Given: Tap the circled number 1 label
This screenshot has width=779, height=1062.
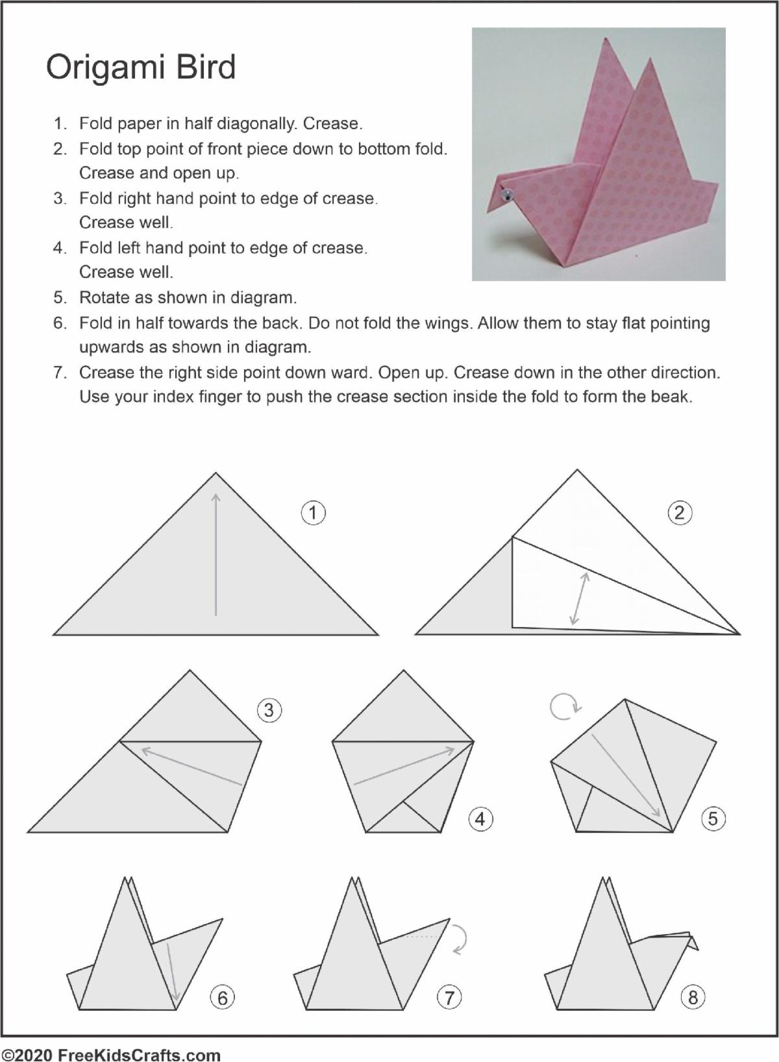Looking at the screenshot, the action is (x=314, y=513).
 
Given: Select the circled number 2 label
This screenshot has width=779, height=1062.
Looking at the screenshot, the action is (x=680, y=513).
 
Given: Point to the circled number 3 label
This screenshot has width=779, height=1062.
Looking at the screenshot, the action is (x=269, y=710).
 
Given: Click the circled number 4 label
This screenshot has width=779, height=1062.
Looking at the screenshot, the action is (x=480, y=819).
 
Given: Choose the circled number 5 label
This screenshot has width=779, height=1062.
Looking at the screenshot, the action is (x=713, y=819).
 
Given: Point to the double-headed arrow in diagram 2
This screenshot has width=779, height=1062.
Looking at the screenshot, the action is (x=580, y=598).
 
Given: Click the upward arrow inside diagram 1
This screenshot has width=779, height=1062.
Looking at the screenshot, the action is (x=216, y=554).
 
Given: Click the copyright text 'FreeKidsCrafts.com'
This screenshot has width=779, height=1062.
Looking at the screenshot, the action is (x=139, y=1055).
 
